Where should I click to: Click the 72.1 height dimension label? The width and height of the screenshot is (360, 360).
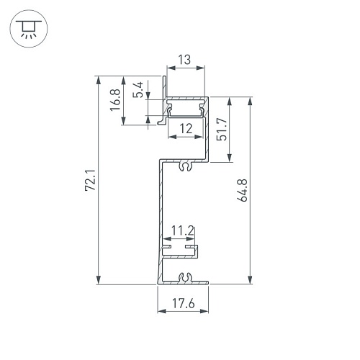91,180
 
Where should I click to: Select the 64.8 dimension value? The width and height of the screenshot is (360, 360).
242,190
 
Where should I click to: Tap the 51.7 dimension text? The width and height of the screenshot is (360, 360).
222,129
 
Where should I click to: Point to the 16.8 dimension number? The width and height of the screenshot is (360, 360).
115,100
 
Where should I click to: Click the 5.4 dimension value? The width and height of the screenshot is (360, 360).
138,90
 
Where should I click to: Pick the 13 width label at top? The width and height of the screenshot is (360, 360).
184,60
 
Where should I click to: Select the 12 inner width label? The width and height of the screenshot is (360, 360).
186,129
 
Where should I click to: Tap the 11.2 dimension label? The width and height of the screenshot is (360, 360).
182,231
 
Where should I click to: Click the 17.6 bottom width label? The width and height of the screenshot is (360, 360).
184,303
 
